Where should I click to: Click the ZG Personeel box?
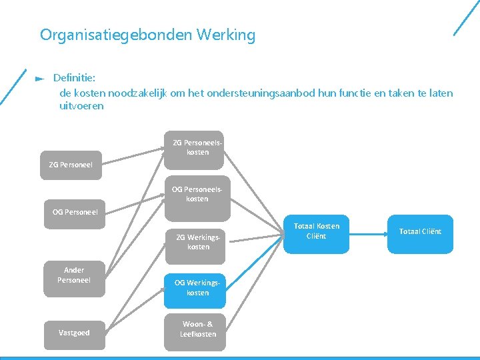(71, 165)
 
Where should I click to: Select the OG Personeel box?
(75, 212)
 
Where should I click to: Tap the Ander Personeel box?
(74, 275)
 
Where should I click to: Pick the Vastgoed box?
(74, 333)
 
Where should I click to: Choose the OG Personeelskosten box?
(197, 194)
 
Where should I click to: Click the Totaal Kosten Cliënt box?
(316, 231)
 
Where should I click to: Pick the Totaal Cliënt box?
(420, 232)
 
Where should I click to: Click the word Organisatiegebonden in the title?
(116, 35)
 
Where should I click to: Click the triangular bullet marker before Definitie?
(39, 79)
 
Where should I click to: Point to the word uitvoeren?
(81, 106)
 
